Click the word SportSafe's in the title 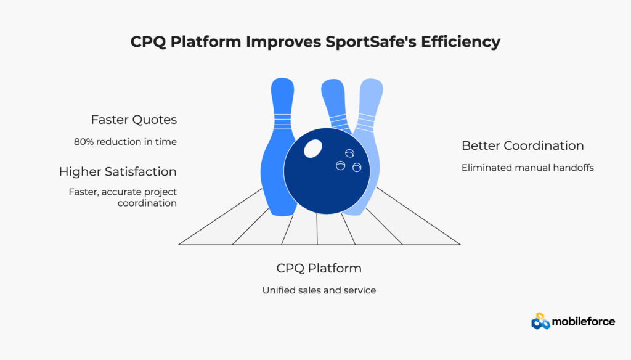click(370, 42)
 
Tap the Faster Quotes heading click(134, 120)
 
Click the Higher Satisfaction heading click(118, 171)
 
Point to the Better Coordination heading click(523, 145)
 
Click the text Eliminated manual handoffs click(527, 168)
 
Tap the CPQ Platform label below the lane click(319, 268)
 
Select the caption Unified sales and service click(319, 290)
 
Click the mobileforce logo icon click(540, 321)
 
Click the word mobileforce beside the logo click(584, 321)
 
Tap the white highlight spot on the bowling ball click(312, 149)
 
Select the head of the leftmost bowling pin click(282, 91)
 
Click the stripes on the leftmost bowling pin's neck click(282, 121)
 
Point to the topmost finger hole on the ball click(349, 153)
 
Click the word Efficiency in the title click(461, 42)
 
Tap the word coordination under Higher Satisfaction click(147, 203)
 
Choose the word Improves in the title click(283, 42)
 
